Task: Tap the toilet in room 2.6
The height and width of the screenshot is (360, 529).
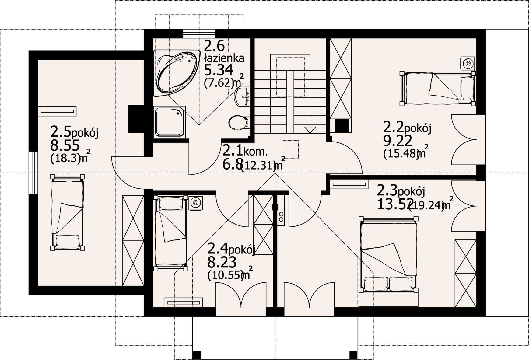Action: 239,123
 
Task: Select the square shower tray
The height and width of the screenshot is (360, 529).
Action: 170,122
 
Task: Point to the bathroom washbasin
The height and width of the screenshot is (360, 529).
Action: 243,96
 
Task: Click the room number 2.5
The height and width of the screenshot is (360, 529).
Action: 61,132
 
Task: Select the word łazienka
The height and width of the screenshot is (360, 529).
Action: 224,58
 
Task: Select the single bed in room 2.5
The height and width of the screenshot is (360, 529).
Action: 67,212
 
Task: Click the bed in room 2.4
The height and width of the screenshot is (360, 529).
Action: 171,233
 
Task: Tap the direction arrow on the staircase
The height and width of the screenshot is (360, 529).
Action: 310,130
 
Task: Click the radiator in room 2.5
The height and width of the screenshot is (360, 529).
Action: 57,111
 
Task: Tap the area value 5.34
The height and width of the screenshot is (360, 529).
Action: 219,70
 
